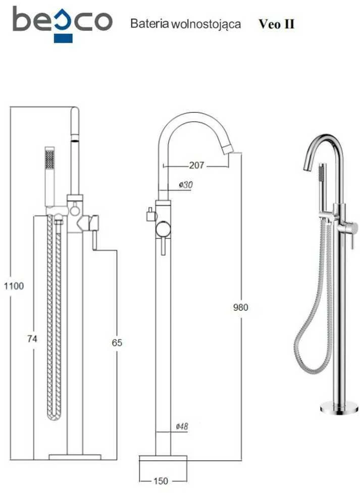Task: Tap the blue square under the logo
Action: (63, 38)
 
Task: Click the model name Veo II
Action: (277, 24)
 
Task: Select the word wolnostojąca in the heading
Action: (206, 24)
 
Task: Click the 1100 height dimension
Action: (14, 286)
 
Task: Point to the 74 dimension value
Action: (32, 339)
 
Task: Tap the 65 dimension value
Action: (117, 343)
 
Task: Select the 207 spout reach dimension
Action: (197, 165)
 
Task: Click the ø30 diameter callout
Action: (186, 185)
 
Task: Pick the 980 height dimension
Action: (241, 307)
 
